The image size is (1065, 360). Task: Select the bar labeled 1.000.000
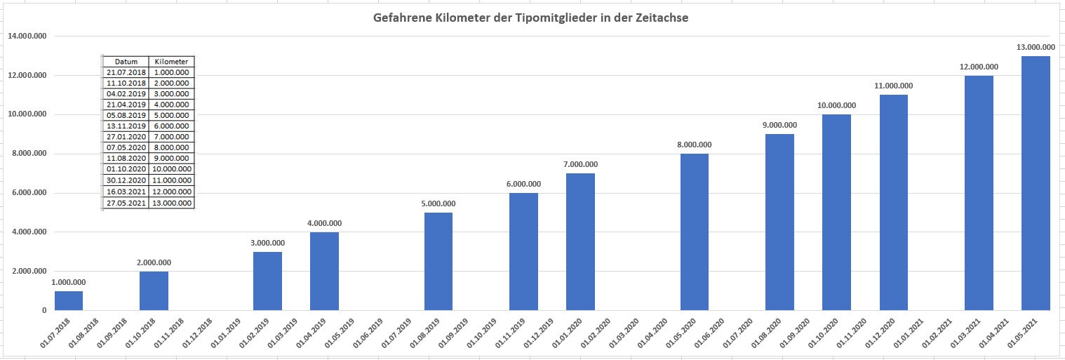point(69,300)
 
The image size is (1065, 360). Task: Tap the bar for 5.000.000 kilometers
point(438,261)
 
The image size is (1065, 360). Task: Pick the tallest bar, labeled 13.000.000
point(1036,182)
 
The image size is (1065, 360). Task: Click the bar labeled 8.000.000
point(695,232)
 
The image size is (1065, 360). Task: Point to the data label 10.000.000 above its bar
point(836,106)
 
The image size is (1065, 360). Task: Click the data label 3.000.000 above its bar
point(268,243)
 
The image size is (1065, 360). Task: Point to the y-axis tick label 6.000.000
point(28,193)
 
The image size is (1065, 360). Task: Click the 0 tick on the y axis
point(43,310)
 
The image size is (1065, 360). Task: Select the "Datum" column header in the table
point(126,62)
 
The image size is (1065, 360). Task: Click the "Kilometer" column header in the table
point(172,62)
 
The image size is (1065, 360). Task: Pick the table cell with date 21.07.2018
point(126,72)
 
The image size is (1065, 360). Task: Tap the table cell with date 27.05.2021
point(126,203)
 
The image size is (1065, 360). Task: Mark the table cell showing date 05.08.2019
point(126,116)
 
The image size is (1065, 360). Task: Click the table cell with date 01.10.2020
point(126,170)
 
